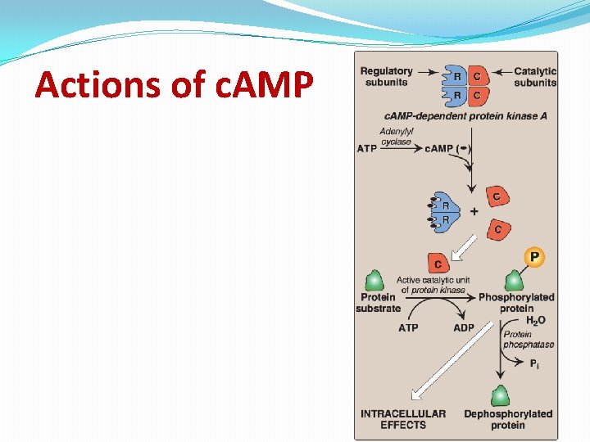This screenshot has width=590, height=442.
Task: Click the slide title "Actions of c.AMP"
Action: click(174, 84)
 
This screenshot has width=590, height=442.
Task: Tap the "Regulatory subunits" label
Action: click(386, 76)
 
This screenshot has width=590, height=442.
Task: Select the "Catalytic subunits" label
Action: click(535, 76)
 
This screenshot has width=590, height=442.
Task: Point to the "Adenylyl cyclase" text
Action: click(397, 136)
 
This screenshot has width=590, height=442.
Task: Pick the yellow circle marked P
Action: click(534, 258)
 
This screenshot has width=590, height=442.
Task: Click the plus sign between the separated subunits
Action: click(474, 211)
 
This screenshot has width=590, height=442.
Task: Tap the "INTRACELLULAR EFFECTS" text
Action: click(403, 419)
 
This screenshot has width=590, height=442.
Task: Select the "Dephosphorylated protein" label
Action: click(508, 419)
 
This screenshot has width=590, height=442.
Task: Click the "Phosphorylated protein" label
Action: click(516, 302)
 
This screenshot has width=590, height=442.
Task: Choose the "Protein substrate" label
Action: click(378, 302)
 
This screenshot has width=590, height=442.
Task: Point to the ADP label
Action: click(464, 327)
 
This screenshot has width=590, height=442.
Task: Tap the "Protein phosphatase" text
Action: click(529, 340)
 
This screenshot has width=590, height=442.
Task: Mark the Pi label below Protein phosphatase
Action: click(534, 363)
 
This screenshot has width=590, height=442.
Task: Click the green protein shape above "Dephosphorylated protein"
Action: click(500, 395)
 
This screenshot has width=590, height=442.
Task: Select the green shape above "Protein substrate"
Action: click(374, 280)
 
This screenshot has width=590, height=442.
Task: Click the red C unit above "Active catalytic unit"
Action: click(438, 263)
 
